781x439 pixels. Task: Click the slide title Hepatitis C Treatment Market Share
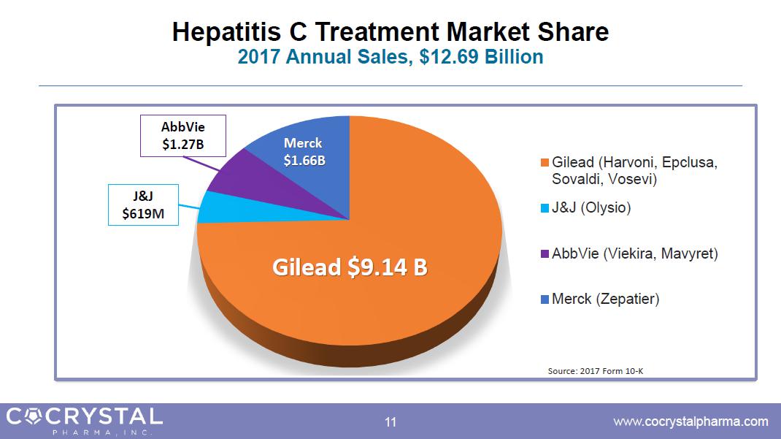390,32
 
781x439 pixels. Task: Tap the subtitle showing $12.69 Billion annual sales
390,57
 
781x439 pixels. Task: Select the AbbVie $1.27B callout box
182,135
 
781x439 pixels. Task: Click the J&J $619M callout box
143,205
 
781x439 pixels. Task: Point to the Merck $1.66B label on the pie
303,151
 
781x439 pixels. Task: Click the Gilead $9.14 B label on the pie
350,267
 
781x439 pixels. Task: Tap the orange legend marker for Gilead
544,163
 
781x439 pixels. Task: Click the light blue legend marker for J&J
544,209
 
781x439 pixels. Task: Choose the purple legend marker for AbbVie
544,254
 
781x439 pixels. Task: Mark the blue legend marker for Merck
544,299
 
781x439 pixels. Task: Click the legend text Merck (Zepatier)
605,299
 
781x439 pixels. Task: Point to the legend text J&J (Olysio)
591,208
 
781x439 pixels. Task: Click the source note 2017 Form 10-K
596,371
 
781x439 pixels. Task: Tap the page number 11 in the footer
390,421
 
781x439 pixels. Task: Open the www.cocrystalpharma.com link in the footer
690,421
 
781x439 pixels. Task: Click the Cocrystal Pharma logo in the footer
84,420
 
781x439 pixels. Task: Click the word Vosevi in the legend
634,178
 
